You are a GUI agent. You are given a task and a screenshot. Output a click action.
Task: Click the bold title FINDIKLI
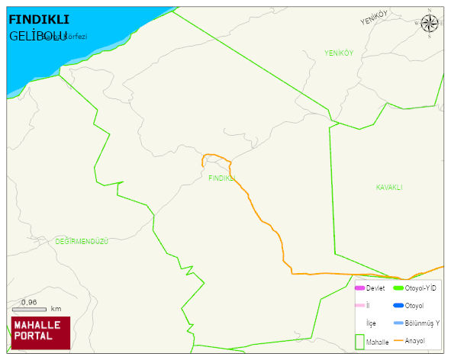pyautogui.click(x=38, y=20)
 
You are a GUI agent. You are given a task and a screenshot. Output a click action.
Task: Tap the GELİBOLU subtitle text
pyautogui.click(x=38, y=35)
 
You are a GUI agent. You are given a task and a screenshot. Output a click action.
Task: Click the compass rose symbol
pyautogui.click(x=430, y=23)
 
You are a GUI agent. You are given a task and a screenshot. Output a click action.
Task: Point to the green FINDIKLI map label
pyautogui.click(x=221, y=178)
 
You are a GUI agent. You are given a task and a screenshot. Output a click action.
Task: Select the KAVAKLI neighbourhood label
pyautogui.click(x=389, y=187)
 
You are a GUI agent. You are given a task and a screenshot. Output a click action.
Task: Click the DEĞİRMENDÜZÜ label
pyautogui.click(x=82, y=241)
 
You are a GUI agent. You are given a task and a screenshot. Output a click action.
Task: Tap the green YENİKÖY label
pyautogui.click(x=339, y=53)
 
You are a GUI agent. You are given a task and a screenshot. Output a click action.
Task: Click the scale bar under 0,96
pyautogui.click(x=30, y=310)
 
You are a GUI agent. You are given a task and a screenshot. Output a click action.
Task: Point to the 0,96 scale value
pyautogui.click(x=29, y=303)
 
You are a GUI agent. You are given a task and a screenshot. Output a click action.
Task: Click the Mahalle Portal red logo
pyautogui.click(x=40, y=332)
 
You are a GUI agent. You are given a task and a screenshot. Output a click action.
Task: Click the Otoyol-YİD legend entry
pyautogui.click(x=420, y=288)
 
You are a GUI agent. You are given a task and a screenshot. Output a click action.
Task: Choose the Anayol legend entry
pyautogui.click(x=414, y=340)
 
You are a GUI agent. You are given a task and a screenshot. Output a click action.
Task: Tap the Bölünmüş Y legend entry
pyautogui.click(x=421, y=323)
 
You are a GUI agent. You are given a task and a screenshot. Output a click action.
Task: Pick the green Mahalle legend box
pyautogui.click(x=359, y=341)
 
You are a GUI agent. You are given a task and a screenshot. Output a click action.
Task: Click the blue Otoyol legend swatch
pyautogui.click(x=398, y=306)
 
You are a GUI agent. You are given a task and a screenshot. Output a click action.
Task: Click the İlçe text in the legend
pyautogui.click(x=371, y=323)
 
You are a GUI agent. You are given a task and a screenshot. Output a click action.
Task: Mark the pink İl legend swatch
pyautogui.click(x=359, y=306)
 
